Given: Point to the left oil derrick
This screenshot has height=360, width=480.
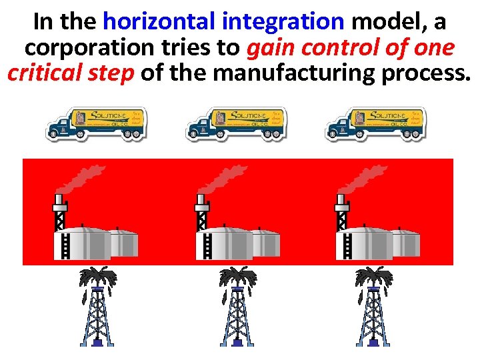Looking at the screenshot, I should pos(97,307).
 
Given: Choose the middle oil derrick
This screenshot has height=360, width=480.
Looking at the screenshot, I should pos(237,307).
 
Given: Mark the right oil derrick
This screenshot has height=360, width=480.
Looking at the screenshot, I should pos(374,307).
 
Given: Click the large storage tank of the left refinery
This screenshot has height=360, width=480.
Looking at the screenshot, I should pos(89,243).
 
